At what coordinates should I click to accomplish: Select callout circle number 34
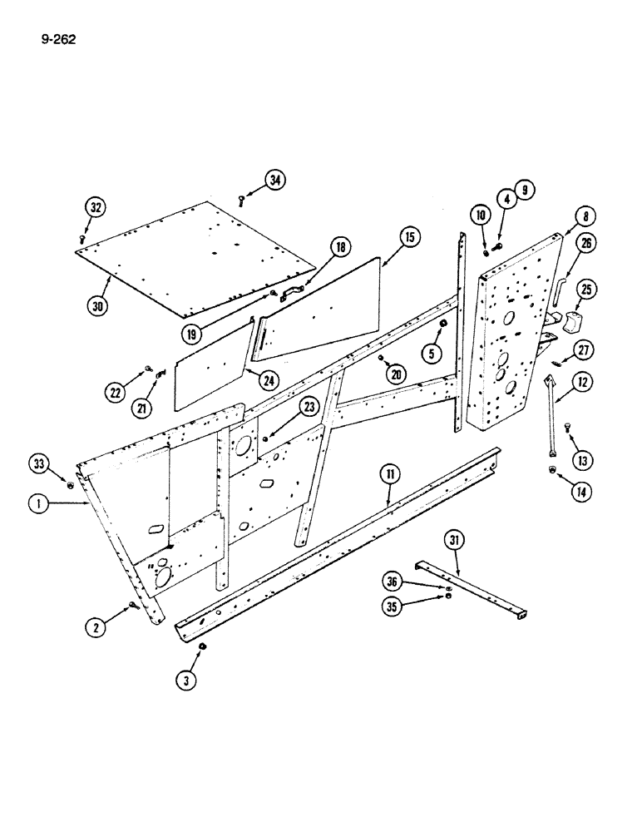tap(275, 180)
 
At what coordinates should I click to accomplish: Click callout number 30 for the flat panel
tap(98, 305)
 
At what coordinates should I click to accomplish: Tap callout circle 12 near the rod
tap(582, 382)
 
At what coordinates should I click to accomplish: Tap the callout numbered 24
tap(269, 380)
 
